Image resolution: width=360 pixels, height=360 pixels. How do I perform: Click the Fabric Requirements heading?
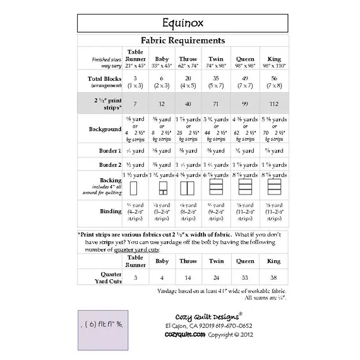pos(183,40)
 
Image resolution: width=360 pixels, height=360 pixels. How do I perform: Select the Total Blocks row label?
pos(105,78)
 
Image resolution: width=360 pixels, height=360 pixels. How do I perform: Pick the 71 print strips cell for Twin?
pos(215,102)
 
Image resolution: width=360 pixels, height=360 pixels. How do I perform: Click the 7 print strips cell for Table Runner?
pos(136,102)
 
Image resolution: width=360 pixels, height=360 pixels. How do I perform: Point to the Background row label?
pos(105,129)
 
